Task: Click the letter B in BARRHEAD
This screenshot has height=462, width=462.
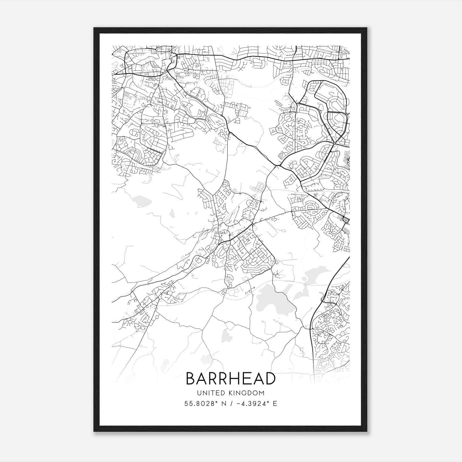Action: pos(191,379)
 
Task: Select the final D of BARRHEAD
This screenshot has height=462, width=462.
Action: pos(270,379)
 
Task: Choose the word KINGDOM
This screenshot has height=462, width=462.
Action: pos(250,393)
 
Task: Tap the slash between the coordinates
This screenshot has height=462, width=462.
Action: pos(230,404)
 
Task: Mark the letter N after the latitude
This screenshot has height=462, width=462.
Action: pos(223,404)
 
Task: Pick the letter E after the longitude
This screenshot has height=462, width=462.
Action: pos(275,404)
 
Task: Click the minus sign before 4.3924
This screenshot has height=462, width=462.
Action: pos(239,404)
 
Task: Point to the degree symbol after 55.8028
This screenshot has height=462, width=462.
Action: pos(215,402)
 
